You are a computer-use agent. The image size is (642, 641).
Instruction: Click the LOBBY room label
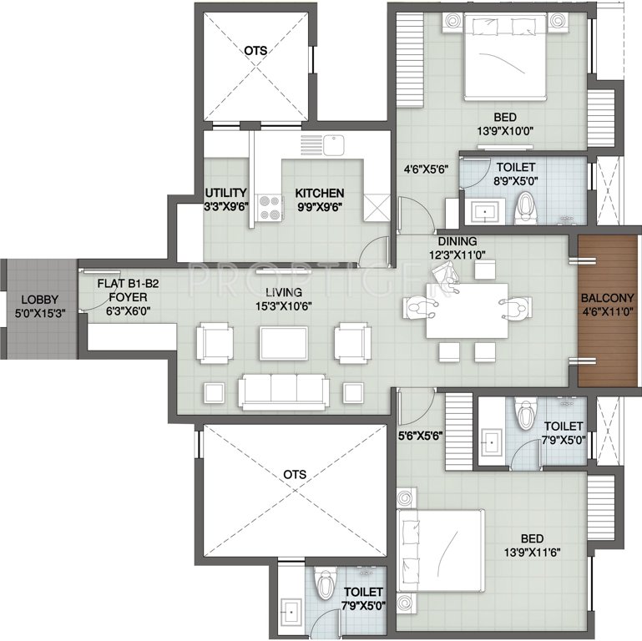pos(40,300)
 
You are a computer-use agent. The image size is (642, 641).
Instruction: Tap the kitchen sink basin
pos(334,145)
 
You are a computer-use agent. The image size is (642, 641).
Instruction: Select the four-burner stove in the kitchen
pos(270,209)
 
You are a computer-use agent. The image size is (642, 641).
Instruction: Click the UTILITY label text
pos(226,193)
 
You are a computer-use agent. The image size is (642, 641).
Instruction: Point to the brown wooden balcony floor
pos(608,310)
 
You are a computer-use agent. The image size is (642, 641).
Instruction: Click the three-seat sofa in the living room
pos(284,391)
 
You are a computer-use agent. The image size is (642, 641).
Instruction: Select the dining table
pos(467,311)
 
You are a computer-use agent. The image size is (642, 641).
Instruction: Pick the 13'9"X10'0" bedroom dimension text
pos(505,131)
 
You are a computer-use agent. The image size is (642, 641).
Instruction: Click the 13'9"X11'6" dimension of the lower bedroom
pos(533,553)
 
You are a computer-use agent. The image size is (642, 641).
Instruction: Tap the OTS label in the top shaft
pos(256,51)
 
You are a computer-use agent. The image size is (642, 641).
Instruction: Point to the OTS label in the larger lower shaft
pos(295,474)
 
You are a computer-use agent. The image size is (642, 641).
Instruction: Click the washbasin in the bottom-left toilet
pos(291,613)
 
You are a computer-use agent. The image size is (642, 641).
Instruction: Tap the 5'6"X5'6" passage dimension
pos(421,437)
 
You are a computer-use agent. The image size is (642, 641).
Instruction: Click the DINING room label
pos(457,241)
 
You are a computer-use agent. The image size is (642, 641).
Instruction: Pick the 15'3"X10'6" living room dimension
pos(284,306)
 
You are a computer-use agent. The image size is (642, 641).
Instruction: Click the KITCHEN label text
pos(320,193)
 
